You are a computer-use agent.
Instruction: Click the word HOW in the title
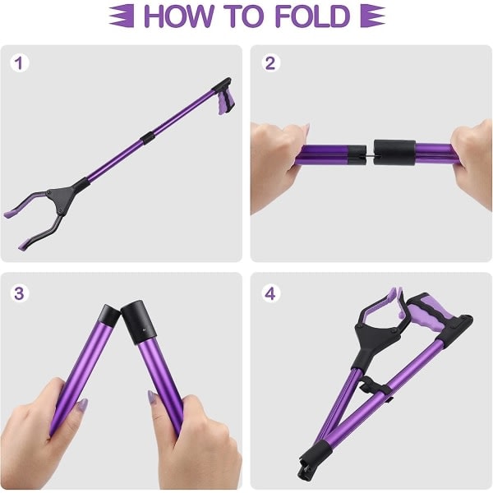178,16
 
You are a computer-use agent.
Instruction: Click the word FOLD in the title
313,16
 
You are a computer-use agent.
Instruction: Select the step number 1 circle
20,63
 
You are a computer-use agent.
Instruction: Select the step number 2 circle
270,63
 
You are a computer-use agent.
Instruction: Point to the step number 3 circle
20,293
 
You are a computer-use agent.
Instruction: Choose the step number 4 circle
270,293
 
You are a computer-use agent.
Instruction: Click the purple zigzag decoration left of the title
122,16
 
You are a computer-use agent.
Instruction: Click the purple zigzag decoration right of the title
372,16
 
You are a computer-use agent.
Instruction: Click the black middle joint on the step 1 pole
147,138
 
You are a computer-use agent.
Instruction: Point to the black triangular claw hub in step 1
61,198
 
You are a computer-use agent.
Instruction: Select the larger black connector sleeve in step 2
395,153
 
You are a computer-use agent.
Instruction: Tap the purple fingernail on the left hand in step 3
82,405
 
